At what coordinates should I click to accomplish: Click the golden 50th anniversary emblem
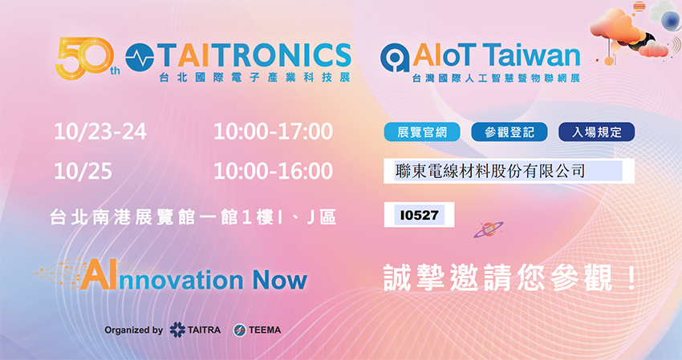86,59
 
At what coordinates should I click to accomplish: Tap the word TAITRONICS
254,56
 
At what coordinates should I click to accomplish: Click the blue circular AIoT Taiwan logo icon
395,58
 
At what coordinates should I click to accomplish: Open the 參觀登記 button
509,132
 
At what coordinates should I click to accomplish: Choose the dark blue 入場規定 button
596,132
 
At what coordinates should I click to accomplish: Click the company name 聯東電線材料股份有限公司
490,171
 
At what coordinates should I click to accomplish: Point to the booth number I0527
419,215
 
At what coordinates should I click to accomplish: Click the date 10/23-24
100,131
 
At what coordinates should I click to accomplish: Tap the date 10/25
83,172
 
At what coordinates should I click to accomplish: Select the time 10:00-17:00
273,131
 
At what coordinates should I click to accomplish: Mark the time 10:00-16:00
273,172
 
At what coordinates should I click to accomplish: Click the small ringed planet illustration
488,229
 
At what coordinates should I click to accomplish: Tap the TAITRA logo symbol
177,330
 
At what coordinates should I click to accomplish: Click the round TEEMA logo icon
239,330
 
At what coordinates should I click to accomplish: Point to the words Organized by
133,330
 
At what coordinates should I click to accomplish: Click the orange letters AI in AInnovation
99,275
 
